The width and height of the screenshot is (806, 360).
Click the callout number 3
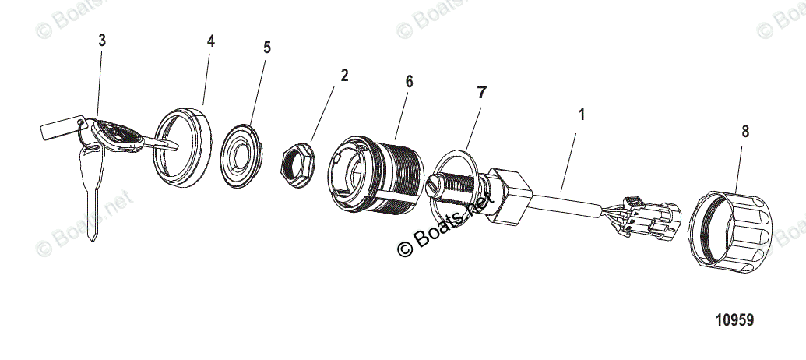[102, 41]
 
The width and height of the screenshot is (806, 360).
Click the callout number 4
[210, 41]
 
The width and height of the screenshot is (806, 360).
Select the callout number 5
[267, 48]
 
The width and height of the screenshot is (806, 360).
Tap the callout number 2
[344, 76]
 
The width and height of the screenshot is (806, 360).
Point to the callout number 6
[409, 82]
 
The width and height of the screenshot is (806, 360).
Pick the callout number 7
[481, 92]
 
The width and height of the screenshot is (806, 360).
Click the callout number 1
[581, 115]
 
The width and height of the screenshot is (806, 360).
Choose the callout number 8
[745, 132]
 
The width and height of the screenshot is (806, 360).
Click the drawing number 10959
[734, 320]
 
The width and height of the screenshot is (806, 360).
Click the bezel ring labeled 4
[185, 148]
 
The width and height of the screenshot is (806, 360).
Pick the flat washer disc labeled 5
[239, 155]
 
